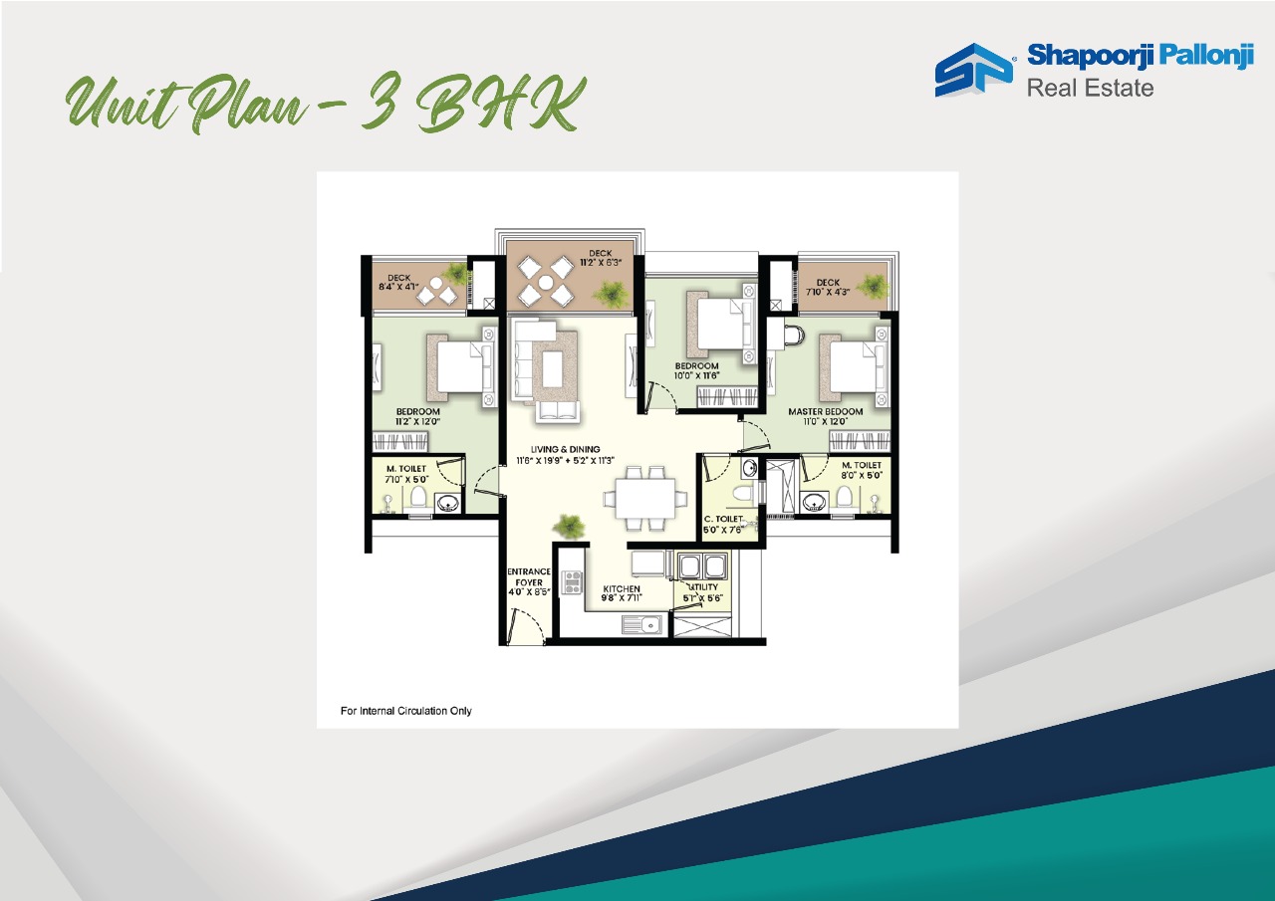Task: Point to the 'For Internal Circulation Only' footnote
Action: click(406, 711)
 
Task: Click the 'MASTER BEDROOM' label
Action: click(825, 411)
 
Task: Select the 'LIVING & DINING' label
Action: click(565, 449)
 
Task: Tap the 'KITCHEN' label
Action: click(622, 588)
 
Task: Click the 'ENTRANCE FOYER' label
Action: click(529, 576)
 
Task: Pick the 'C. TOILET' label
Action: click(725, 520)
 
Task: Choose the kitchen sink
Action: click(643, 625)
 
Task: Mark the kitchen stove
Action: click(572, 582)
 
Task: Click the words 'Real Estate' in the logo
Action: click(1090, 88)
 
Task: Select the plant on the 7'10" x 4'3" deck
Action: click(873, 286)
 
